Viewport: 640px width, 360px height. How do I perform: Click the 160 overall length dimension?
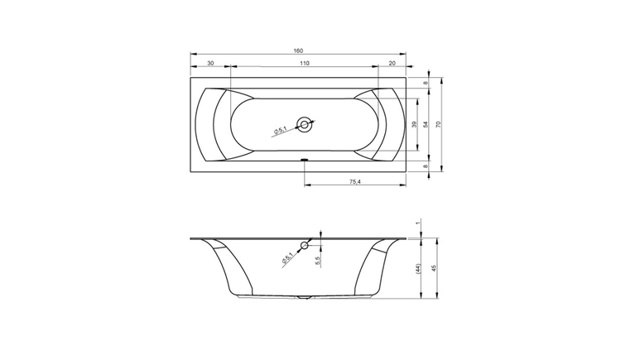(x=298, y=50)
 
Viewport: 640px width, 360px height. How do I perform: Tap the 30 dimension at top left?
(x=210, y=63)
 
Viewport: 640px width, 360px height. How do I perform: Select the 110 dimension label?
(x=305, y=63)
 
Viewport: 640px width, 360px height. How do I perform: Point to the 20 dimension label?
(x=392, y=63)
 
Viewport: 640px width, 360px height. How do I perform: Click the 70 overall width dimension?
(x=439, y=124)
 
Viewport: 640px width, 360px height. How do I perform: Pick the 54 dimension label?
(x=426, y=124)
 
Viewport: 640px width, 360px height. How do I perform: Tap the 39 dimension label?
(x=414, y=124)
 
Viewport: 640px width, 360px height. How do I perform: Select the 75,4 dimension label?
(x=355, y=182)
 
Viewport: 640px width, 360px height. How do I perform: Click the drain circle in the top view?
(x=304, y=124)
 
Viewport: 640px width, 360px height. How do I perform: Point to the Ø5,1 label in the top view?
(x=281, y=130)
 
